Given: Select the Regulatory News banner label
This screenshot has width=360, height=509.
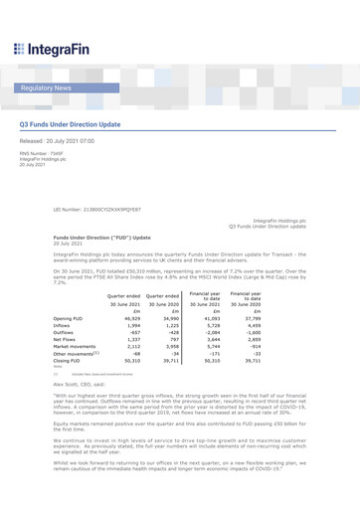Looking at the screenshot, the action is point(46,88).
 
